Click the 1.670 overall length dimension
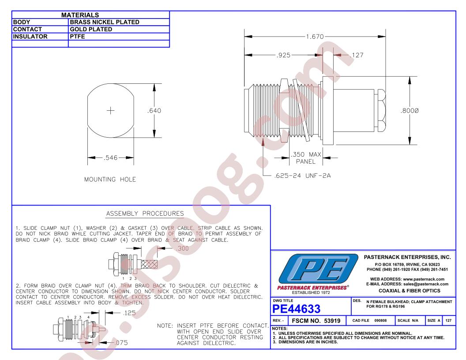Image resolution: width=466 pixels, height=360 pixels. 315,37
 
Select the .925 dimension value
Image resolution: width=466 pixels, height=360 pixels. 283,55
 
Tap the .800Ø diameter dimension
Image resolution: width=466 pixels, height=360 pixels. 410,111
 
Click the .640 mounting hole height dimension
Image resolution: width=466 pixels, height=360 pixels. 154,110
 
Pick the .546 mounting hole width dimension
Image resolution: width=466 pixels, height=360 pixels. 111,158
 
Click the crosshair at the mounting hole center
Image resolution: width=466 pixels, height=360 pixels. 111,111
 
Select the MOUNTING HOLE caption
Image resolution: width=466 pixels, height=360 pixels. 110,180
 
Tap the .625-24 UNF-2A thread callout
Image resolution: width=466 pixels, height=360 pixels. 302,176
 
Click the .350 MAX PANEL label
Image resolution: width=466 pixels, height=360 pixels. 306,158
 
